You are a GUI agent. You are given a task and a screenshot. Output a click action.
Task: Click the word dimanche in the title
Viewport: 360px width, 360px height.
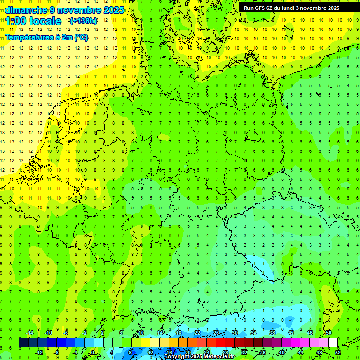[24, 10]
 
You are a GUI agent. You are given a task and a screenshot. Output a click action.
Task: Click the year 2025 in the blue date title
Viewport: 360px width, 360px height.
[113, 10]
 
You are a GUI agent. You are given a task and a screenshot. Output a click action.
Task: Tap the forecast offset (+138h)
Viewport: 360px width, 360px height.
[83, 21]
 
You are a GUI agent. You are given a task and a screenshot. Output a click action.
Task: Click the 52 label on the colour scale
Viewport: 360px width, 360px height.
[337, 352]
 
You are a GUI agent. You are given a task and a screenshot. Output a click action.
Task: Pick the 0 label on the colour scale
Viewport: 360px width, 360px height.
[93, 352]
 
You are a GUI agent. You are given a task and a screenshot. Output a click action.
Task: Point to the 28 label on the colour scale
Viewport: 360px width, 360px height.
[225, 352]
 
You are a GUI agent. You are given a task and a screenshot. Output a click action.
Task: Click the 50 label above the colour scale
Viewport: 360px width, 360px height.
[328, 333]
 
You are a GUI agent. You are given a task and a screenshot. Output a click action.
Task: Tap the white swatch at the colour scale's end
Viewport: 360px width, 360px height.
[333, 343]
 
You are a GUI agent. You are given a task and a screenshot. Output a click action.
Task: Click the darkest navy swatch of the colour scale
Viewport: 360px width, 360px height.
[23, 343]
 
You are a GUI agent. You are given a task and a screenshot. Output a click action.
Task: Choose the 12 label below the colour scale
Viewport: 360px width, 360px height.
[150, 352]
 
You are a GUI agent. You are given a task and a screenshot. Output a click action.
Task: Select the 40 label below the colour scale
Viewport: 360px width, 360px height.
[281, 352]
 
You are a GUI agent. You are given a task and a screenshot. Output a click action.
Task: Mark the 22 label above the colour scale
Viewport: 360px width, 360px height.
[197, 333]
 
